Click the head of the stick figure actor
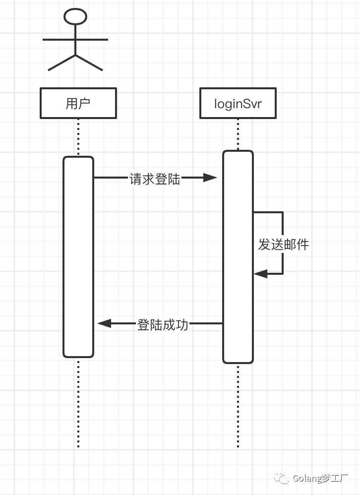click(x=75, y=17)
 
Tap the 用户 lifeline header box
click(x=78, y=103)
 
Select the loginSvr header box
click(x=238, y=103)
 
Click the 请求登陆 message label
click(x=155, y=179)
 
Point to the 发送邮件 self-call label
click(x=283, y=245)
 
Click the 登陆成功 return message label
click(x=163, y=325)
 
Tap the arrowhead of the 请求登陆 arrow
click(x=210, y=178)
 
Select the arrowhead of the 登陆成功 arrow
click(x=105, y=323)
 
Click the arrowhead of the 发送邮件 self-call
click(x=261, y=274)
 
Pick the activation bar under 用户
click(x=78, y=257)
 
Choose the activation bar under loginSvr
click(x=238, y=257)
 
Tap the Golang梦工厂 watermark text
click(x=320, y=478)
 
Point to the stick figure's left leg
click(x=61, y=62)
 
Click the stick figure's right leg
click(x=89, y=62)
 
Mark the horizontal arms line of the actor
click(x=75, y=40)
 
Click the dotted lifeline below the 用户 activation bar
click(x=78, y=403)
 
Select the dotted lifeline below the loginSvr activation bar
click(x=238, y=406)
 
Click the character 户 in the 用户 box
click(x=85, y=103)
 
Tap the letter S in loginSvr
click(x=244, y=104)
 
